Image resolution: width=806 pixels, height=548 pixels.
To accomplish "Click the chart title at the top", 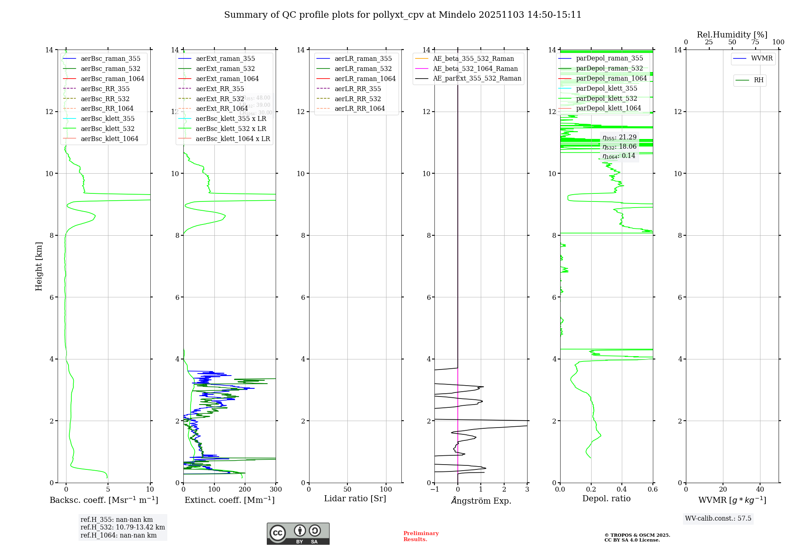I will (403, 15).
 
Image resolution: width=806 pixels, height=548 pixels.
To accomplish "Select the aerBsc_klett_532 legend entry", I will (107, 129).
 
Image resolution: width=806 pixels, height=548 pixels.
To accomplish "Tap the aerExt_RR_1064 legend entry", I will (222, 108).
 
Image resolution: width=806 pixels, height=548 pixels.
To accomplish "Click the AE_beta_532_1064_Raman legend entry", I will (475, 68).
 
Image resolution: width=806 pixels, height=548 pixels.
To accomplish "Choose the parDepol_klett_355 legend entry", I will (607, 88).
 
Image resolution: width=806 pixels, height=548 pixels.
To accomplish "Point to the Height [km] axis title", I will (39, 266).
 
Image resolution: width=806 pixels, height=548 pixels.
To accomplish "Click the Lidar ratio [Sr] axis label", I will (355, 499).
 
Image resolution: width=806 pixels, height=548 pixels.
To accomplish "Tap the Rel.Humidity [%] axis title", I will (732, 35).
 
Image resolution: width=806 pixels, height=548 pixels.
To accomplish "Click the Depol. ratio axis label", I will (606, 499).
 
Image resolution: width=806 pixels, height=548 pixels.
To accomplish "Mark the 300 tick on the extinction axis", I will (276, 490).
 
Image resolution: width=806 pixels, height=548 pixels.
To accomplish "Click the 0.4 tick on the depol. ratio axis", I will (622, 490).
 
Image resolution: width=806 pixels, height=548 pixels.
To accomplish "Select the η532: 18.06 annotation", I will (619, 147).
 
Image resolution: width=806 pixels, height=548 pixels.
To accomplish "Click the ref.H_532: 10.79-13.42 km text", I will (123, 527).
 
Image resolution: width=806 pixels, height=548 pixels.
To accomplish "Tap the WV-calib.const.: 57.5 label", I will (718, 519).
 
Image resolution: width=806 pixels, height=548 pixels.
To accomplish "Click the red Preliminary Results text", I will (421, 536).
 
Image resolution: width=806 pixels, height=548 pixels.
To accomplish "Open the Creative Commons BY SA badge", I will (298, 534).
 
